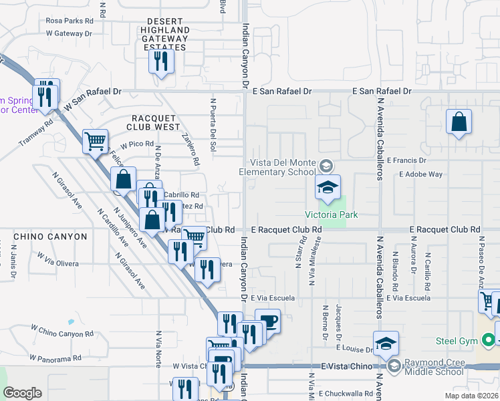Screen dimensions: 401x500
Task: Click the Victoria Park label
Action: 331,215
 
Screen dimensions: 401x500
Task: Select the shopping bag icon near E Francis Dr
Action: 459,122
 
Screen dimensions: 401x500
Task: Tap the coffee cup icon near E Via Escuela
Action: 267,321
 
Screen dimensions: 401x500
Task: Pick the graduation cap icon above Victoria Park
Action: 328,188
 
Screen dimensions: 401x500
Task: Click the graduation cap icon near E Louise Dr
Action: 386,344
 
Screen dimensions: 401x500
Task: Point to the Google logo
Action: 23,393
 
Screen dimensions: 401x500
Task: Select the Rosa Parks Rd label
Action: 70,21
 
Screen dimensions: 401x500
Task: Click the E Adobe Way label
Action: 420,174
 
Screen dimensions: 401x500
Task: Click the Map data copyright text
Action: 471,396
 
